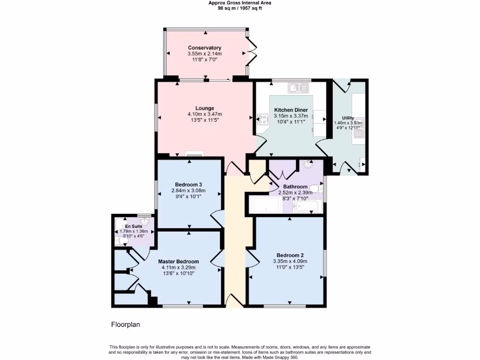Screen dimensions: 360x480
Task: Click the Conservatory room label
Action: point(204,48)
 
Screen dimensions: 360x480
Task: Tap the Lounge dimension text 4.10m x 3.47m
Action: point(204,114)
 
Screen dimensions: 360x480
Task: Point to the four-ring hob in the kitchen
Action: point(262,119)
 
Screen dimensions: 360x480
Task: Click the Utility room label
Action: point(348,118)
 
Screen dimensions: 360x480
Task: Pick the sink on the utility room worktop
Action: point(359,134)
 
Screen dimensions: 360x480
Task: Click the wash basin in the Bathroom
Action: point(308,164)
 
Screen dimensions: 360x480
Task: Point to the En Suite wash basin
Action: point(145,220)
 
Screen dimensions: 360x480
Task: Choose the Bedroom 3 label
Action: point(189,184)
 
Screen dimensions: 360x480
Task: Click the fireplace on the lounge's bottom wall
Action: point(194,154)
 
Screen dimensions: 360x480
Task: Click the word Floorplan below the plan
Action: point(125,324)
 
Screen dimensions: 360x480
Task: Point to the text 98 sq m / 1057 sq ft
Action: point(240,8)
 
